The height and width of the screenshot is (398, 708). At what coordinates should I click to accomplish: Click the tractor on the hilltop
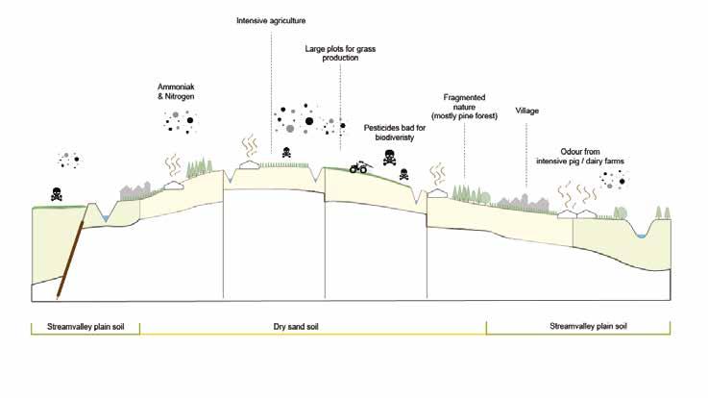click(x=358, y=166)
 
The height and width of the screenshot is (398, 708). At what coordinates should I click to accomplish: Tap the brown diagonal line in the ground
click(x=69, y=258)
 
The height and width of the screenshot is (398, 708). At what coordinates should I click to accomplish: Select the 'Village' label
click(x=526, y=112)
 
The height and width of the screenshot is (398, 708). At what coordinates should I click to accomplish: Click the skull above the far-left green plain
click(x=56, y=192)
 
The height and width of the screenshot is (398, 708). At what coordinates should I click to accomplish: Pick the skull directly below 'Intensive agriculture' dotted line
click(x=286, y=153)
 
